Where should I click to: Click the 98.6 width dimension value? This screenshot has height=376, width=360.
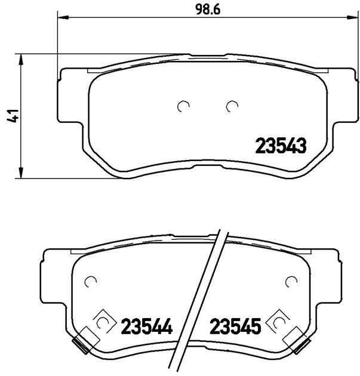208,10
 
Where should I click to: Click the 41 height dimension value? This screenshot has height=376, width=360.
13,116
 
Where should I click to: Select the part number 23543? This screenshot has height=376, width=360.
281,146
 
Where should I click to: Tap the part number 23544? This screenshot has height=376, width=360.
147,326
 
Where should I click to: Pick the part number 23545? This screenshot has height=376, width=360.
235,326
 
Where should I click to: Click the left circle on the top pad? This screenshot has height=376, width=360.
178,106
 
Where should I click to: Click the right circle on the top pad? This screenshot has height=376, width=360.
227,106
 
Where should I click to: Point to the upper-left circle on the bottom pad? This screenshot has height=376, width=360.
85,281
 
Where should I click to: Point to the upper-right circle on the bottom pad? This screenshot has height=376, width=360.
286,281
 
